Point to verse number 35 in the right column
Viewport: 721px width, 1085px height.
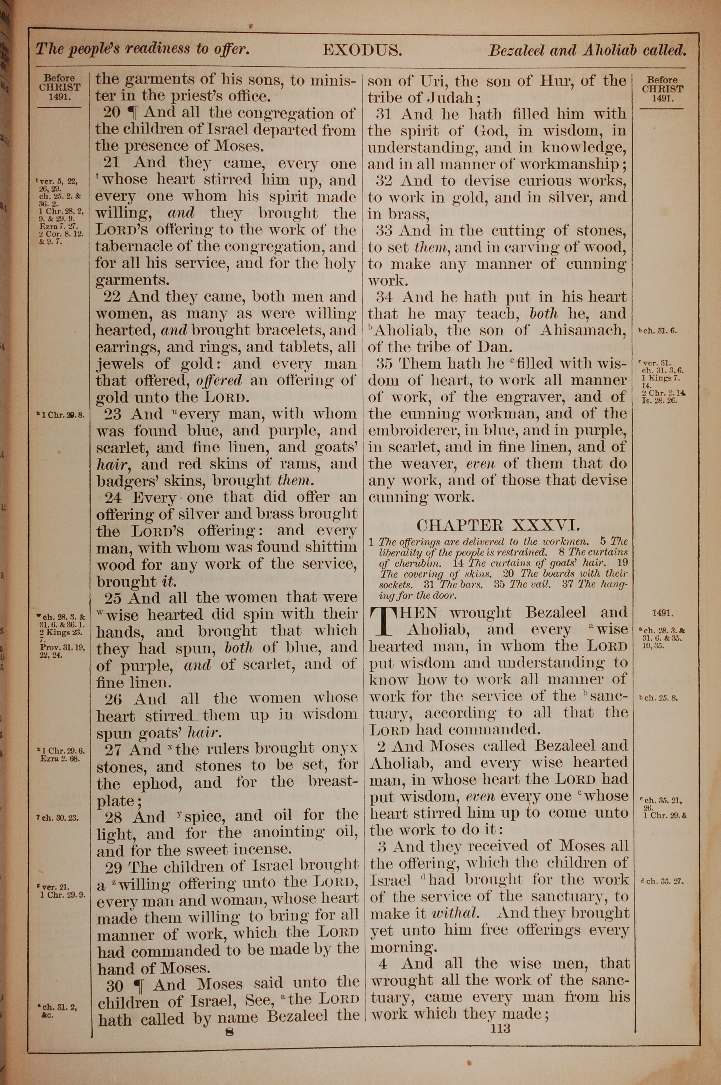click(x=385, y=364)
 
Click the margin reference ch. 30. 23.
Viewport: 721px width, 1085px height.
click(x=60, y=818)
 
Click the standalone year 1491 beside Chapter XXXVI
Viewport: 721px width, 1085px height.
click(x=663, y=614)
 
